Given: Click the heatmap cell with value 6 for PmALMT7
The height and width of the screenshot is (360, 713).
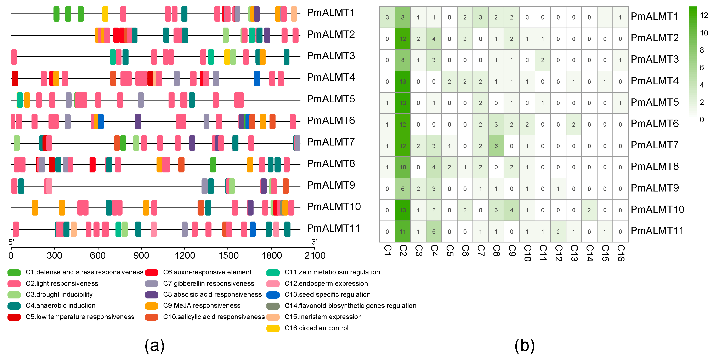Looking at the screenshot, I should coord(496,146).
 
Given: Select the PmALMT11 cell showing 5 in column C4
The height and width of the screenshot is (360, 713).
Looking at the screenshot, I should coord(434,232).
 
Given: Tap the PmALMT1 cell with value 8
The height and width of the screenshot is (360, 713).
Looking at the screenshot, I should coord(403,17).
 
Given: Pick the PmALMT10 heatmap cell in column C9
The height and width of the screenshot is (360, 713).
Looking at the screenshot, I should coord(511,210).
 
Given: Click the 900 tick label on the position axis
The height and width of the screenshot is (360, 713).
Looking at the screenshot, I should coord(141,255).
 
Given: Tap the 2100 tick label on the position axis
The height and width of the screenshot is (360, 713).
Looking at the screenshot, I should coord(315,255).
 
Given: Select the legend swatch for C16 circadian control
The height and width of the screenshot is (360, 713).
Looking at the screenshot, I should coord(273,328).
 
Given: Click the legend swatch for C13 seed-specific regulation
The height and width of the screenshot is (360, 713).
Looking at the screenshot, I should coord(273,295).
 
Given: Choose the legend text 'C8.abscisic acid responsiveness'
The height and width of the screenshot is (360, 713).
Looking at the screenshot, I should coord(212,295).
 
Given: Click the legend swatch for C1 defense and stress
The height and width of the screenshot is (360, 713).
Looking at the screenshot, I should coord(14,272).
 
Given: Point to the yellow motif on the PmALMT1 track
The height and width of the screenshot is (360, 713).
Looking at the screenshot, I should coord(105,14).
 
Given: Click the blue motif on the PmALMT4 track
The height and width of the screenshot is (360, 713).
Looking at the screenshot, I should coord(257,78).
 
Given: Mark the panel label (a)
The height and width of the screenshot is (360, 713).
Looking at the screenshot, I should coord(154,346).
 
